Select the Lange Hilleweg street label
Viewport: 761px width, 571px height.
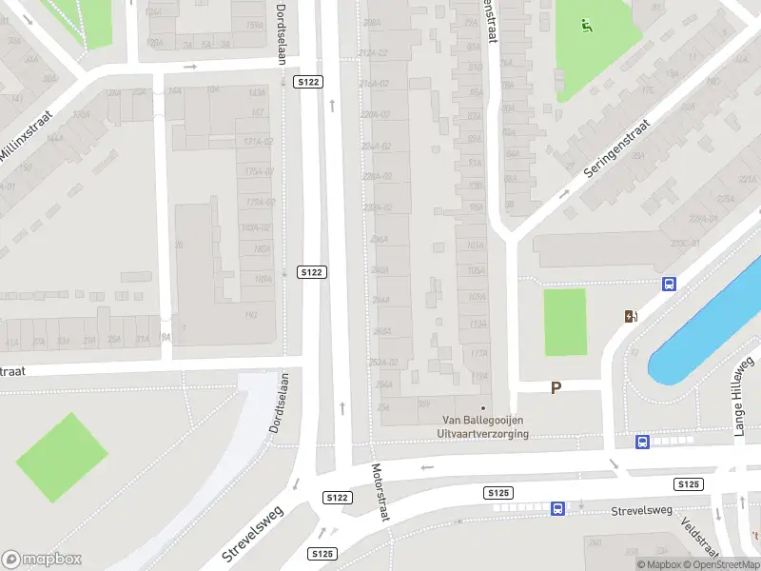coord(744,396)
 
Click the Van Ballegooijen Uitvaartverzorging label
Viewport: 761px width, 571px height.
coord(483,426)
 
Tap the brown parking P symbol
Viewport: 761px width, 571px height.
coord(556,387)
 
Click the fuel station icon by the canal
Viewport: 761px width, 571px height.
coord(631,317)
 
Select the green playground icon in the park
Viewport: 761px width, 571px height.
coord(587,27)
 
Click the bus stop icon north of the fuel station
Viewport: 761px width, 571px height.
coord(669,284)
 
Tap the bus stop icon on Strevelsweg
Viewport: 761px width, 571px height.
coord(557,509)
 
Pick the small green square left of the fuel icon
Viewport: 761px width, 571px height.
coord(564,322)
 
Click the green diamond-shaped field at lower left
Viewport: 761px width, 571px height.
coord(62,457)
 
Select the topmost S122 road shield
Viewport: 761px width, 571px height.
coord(308,83)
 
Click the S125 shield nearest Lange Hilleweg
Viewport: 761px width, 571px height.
coord(689,484)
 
